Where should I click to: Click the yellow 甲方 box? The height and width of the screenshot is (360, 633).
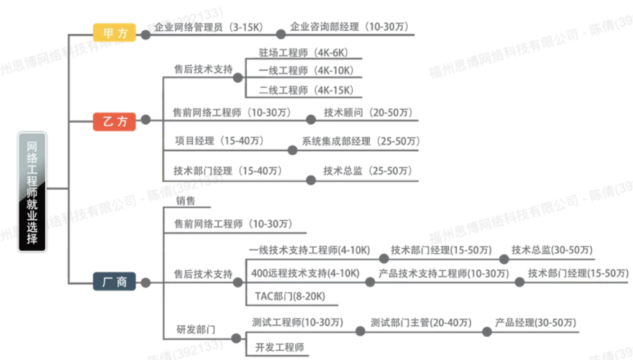coord(114,33)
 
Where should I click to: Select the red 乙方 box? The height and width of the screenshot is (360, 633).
coord(114,121)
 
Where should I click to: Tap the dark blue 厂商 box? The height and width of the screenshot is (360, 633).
coord(114,281)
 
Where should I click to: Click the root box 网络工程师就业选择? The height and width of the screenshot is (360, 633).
coord(33,192)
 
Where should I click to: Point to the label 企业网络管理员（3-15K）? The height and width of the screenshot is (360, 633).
coord(208,27)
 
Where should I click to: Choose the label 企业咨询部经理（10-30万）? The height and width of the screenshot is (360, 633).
coord(349,26)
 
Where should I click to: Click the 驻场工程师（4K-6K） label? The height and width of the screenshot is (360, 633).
coord(303,52)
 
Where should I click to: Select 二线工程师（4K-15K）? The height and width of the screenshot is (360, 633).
coord(306,90)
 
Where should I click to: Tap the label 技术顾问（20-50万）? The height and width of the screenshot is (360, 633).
coord(368,112)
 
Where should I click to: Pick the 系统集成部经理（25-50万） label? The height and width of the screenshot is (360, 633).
coord(361,141)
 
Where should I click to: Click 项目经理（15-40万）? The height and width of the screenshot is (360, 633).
coord(219,141)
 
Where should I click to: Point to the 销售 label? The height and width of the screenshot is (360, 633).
coord(185,201)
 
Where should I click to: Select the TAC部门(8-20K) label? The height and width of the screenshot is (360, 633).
coord(290,296)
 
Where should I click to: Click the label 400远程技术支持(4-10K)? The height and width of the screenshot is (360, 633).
coord(305,273)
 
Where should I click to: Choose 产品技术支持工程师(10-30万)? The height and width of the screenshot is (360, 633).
coord(444,273)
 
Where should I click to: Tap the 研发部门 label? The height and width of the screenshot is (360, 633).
coord(196,330)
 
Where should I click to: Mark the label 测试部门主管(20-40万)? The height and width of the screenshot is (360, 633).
coord(421,323)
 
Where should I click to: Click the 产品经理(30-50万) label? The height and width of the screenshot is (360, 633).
coord(535,323)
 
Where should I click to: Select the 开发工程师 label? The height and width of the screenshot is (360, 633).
coord(279,348)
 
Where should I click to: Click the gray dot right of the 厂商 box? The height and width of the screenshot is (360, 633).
coord(146,283)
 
